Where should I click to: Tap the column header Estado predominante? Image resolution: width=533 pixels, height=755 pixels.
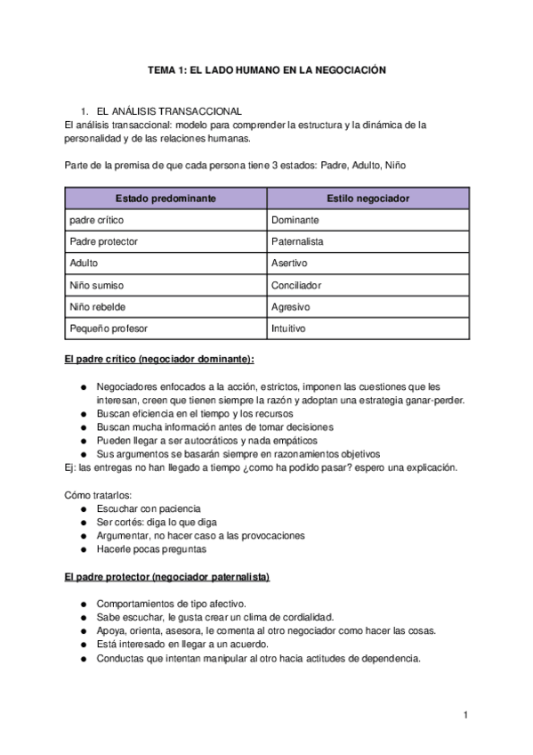tap(166, 198)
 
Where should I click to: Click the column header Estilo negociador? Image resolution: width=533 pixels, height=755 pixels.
tap(367, 198)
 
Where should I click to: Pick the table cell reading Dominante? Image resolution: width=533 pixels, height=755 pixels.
tap(295, 220)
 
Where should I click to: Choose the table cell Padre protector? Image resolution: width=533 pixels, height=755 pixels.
tap(103, 241)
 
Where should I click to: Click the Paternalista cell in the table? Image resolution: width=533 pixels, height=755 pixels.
tap(297, 241)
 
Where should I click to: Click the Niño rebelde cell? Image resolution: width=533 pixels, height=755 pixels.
tap(97, 307)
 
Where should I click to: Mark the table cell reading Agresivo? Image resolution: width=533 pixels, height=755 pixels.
tap(290, 307)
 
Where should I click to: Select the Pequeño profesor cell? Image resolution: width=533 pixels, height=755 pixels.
tap(109, 329)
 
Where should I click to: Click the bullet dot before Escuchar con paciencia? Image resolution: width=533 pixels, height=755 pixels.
tap(83, 508)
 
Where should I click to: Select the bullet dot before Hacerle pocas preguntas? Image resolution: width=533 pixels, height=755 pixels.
tap(83, 549)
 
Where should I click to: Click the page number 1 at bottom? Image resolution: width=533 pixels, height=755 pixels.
tap(465, 715)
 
